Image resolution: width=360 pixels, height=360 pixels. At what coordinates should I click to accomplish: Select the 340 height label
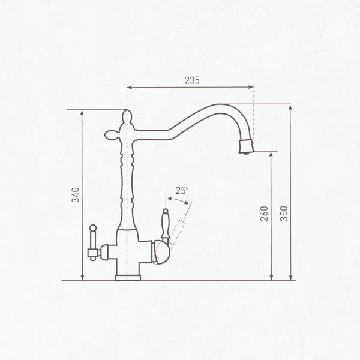click(75, 195)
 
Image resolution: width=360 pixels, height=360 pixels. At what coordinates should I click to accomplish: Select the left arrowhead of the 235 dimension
click(130, 88)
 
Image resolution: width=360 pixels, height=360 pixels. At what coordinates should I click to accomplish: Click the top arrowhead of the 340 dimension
click(82, 113)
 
